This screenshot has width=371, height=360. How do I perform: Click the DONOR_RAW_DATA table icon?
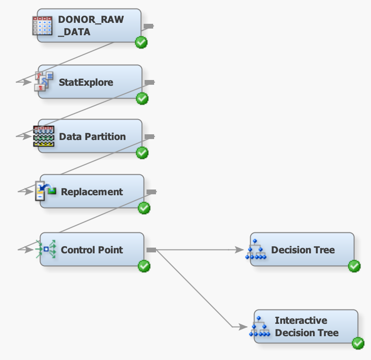coord(42,25)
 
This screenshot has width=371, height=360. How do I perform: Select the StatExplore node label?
coord(86,82)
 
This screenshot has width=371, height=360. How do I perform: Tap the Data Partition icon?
coord(43,136)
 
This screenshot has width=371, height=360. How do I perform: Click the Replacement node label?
coord(92,192)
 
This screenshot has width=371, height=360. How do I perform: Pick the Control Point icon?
coord(46,249)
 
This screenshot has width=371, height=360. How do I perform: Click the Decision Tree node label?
coord(303,250)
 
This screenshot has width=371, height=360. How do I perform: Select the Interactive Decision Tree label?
coord(306,327)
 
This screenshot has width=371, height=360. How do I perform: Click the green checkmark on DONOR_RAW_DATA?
coord(141,42)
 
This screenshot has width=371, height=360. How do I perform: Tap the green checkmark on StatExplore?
coord(142,99)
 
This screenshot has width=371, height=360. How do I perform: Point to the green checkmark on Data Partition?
coord(142,153)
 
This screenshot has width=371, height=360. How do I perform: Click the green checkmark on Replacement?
coord(144,208)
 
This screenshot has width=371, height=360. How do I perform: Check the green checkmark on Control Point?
coord(144,266)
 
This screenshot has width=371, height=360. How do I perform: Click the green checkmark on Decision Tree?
coord(354,266)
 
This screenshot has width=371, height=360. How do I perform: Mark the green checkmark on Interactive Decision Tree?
coord(358,343)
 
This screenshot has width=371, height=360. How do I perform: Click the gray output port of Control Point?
coord(151,250)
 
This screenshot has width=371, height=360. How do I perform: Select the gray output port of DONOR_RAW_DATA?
coord(148,26)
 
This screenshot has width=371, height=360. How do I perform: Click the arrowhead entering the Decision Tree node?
coord(240,250)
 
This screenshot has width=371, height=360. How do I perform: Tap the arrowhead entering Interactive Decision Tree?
coord(243,327)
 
